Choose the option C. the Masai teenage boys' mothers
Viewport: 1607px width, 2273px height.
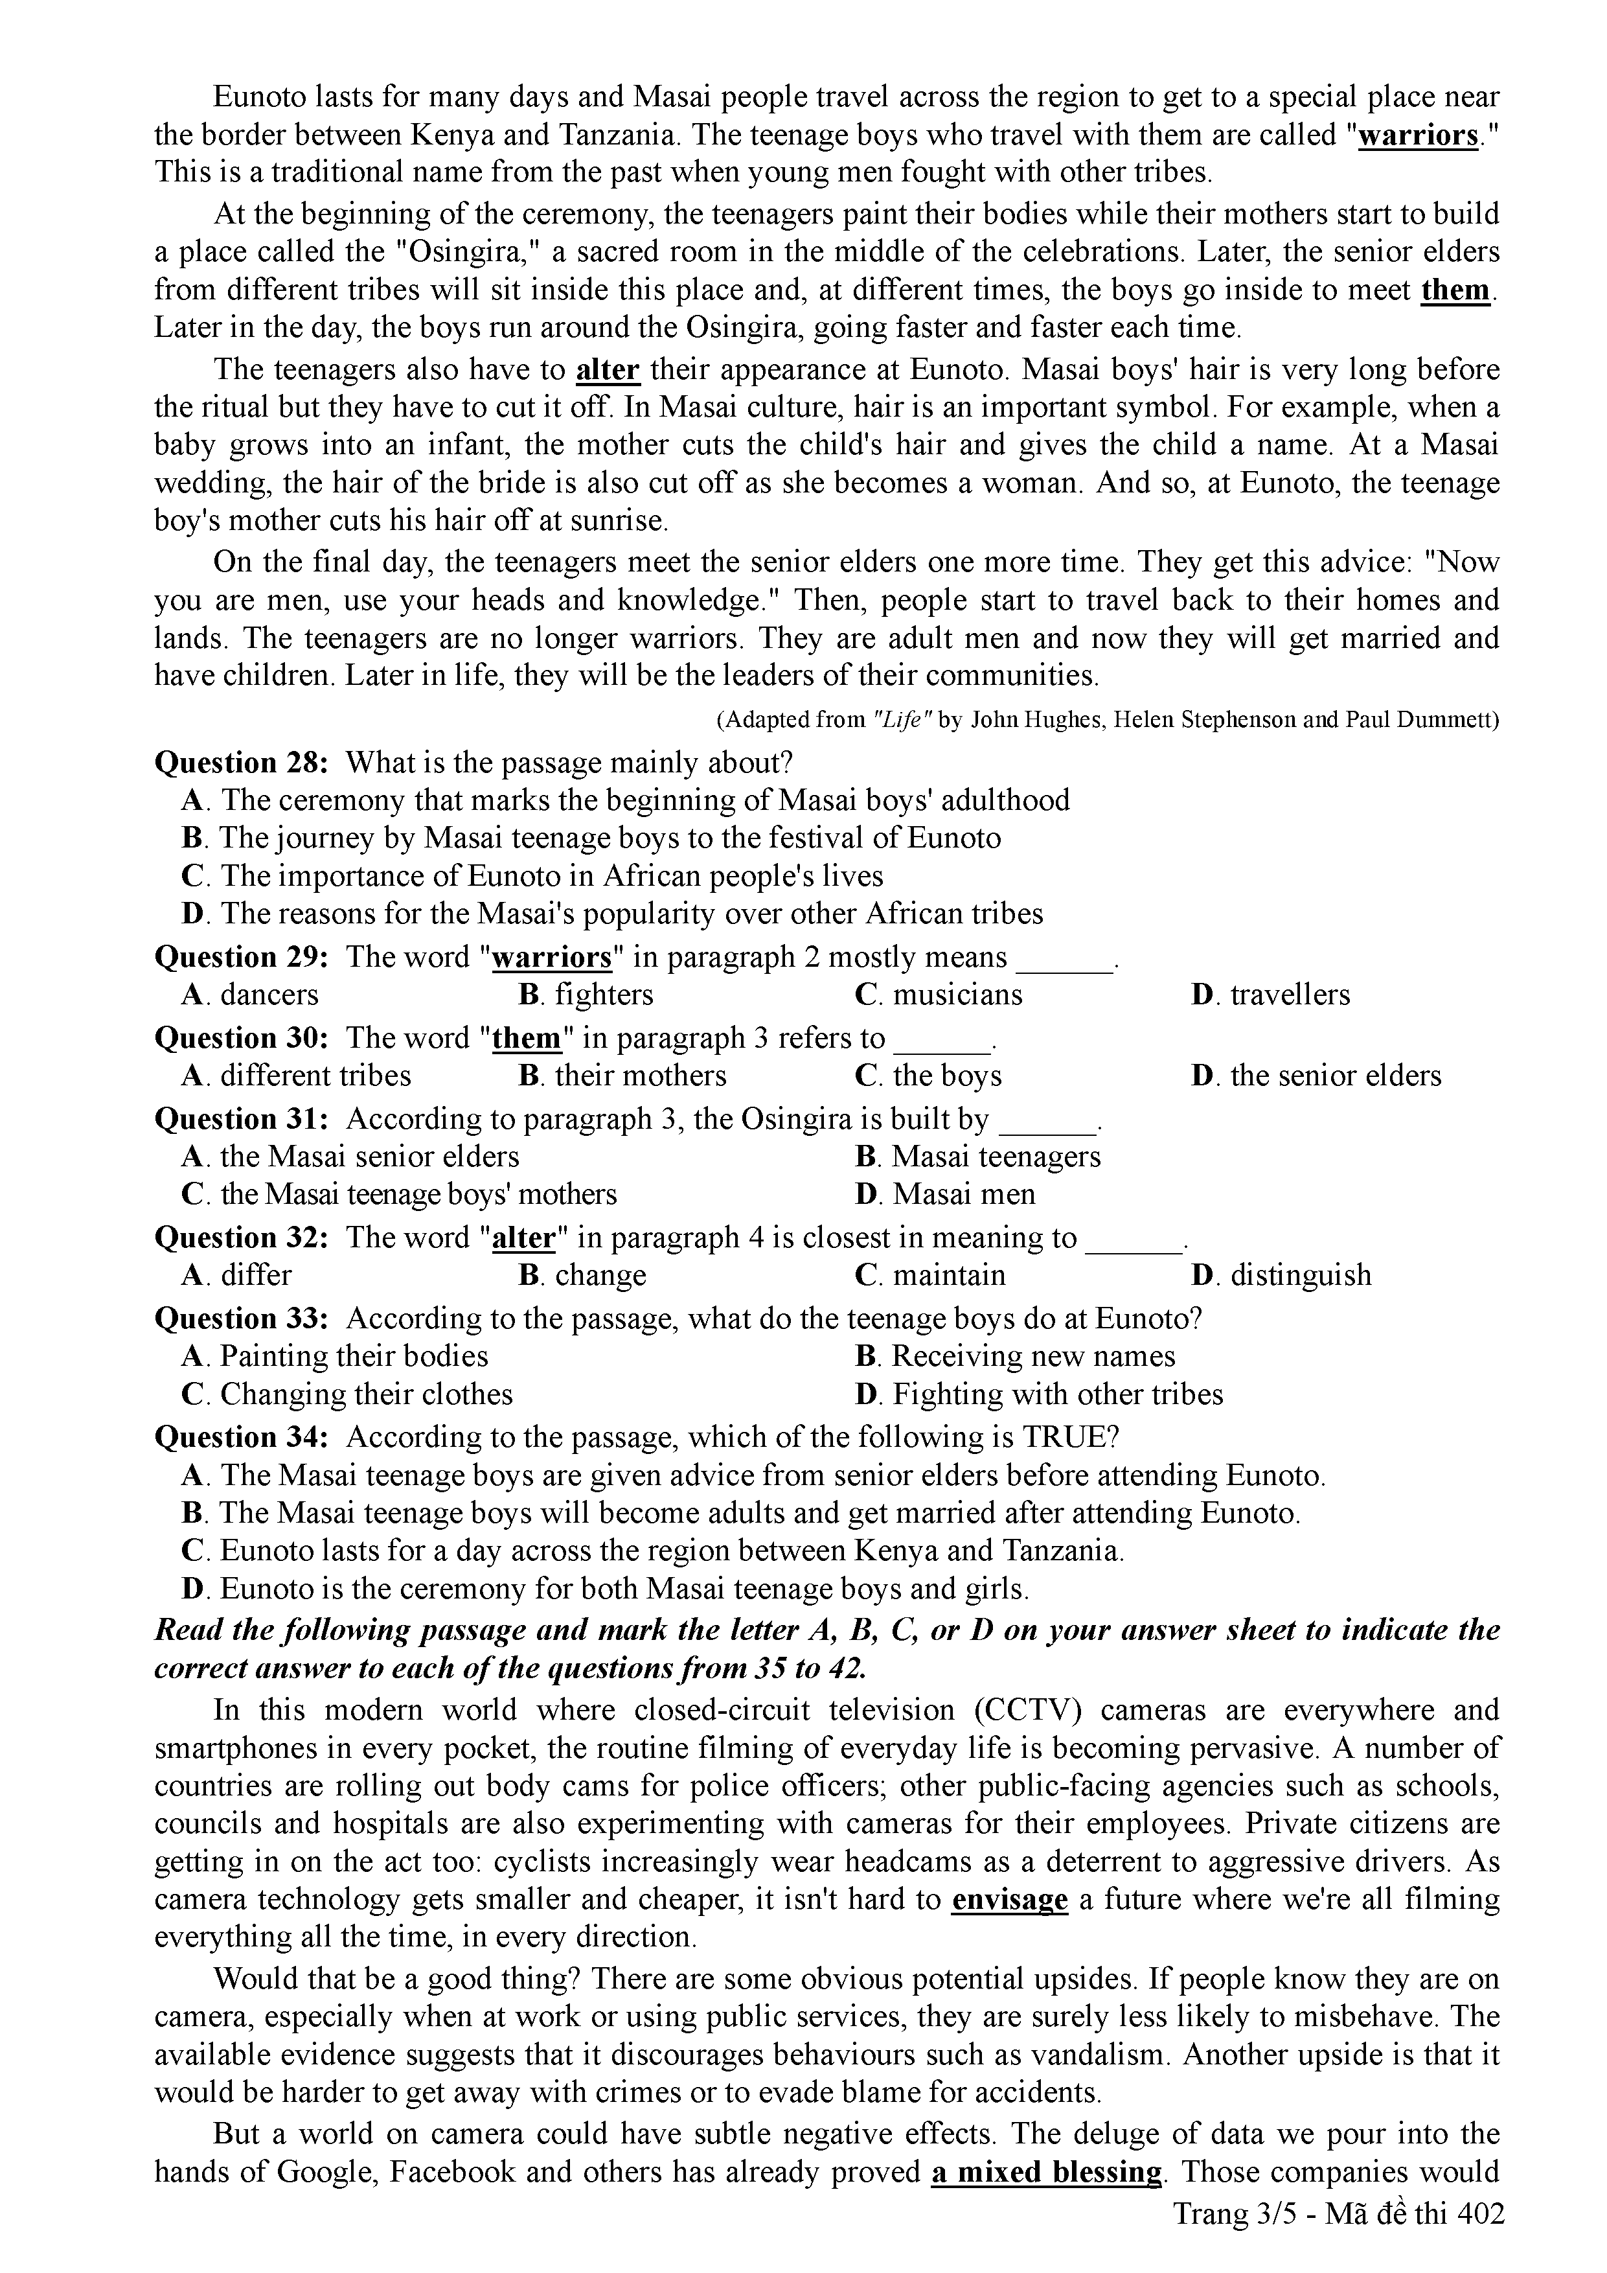tap(399, 1194)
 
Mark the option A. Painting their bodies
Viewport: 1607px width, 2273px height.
tap(336, 1356)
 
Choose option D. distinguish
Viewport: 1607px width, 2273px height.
tap(1281, 1275)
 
